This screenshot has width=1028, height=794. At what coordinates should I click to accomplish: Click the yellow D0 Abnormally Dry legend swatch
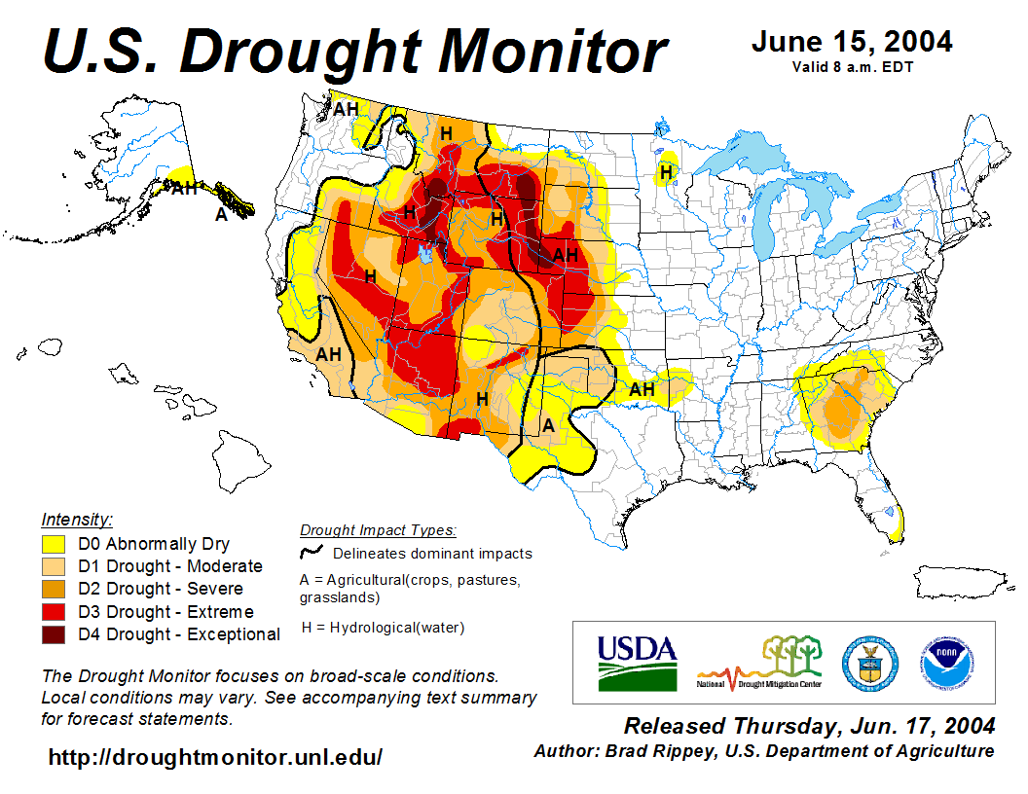(x=54, y=544)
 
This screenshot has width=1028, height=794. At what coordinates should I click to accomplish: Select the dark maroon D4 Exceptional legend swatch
(x=54, y=634)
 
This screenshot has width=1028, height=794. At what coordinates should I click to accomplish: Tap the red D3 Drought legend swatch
(x=54, y=612)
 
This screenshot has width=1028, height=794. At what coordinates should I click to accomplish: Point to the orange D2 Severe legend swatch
(x=54, y=589)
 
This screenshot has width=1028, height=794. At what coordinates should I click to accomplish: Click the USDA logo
(x=637, y=663)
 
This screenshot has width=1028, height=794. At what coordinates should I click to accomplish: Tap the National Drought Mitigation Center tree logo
(x=760, y=662)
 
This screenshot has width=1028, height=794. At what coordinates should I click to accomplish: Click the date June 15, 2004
(x=852, y=42)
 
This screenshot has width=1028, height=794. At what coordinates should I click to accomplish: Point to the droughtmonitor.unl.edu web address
(x=215, y=756)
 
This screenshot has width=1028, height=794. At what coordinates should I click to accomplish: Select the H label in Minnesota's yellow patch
(x=666, y=172)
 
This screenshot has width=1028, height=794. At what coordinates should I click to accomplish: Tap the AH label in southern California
(x=328, y=354)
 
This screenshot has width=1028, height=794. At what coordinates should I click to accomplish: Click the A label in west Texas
(x=548, y=425)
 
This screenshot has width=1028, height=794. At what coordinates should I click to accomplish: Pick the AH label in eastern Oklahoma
(x=641, y=389)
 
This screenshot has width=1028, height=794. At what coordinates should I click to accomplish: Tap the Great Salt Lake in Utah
(x=424, y=254)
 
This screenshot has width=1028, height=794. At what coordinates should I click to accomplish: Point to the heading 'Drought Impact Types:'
(x=378, y=530)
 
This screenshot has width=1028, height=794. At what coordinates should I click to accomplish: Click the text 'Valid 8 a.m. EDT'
(x=852, y=67)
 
